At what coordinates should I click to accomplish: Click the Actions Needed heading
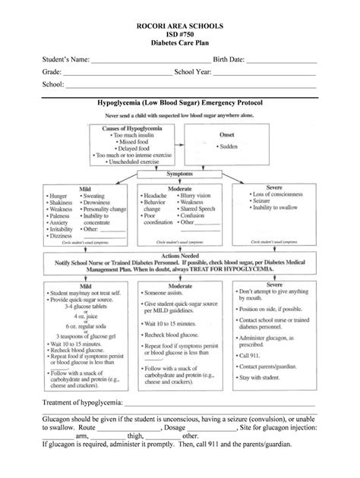[180, 256]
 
